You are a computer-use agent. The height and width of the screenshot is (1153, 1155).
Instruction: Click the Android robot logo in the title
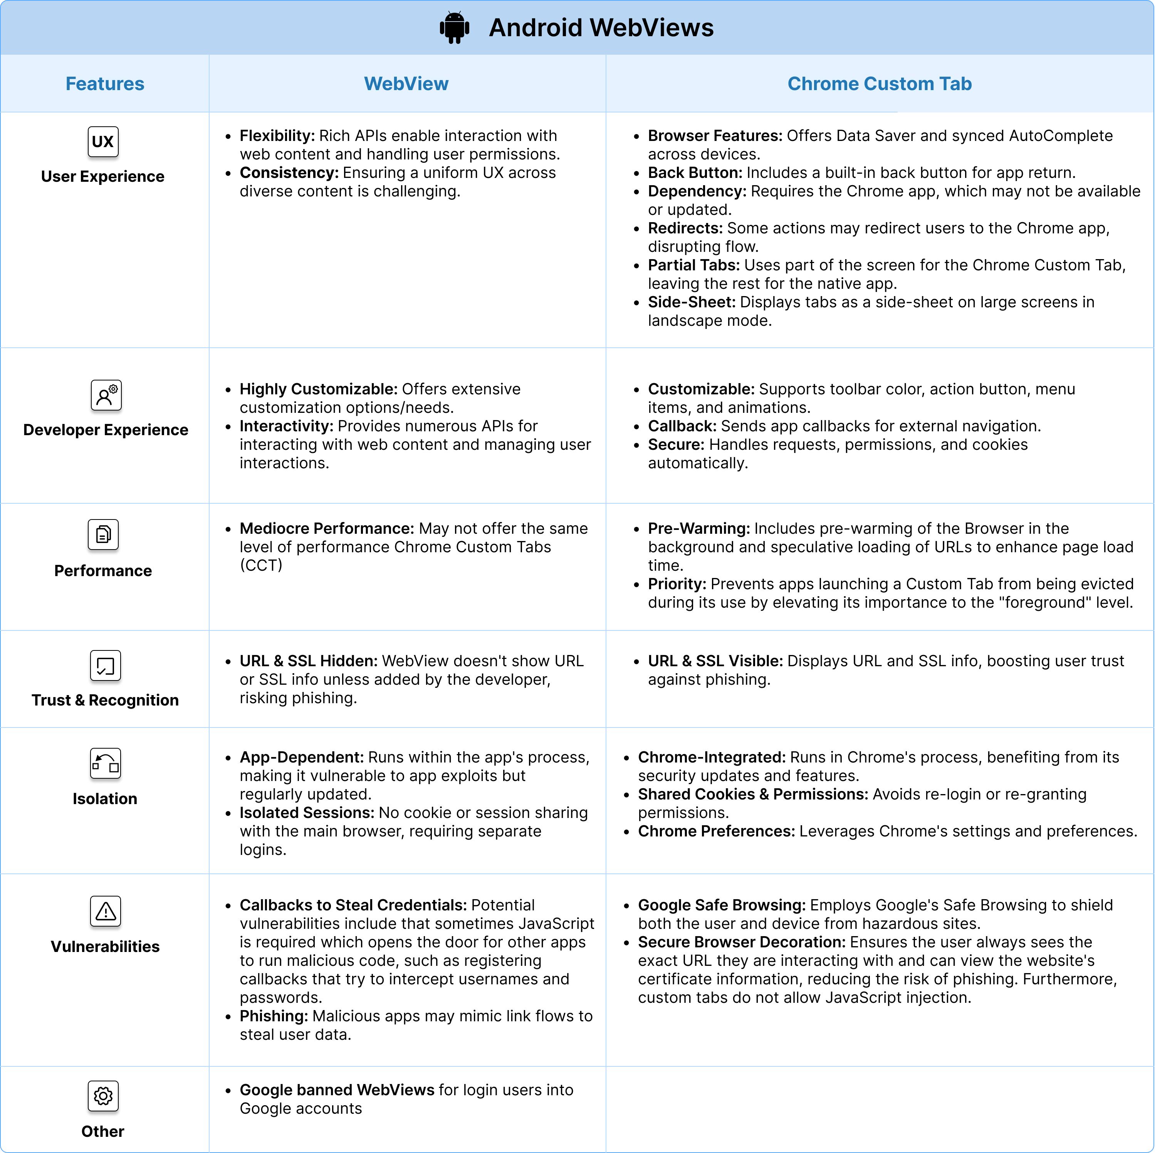click(x=454, y=27)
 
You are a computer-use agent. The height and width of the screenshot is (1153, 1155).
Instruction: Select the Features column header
click(x=105, y=84)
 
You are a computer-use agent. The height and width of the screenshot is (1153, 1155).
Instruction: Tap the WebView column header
click(x=406, y=84)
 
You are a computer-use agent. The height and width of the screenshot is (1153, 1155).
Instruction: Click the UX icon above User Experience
click(x=103, y=142)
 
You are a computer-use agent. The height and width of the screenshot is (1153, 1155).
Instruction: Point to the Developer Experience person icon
click(x=106, y=395)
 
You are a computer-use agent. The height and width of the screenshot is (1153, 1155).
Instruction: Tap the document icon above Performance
click(x=103, y=535)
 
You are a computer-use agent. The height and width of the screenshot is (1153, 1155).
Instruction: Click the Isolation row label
click(x=105, y=799)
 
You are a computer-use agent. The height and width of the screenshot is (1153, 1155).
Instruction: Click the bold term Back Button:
click(x=695, y=173)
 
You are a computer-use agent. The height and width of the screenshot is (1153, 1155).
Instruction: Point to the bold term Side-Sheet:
click(x=691, y=302)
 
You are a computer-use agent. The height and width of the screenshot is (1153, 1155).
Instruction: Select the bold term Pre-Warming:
click(x=698, y=528)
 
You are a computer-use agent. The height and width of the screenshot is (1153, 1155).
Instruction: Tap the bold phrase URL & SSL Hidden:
click(x=308, y=661)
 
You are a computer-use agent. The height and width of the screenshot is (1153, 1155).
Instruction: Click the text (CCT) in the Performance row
click(x=261, y=565)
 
